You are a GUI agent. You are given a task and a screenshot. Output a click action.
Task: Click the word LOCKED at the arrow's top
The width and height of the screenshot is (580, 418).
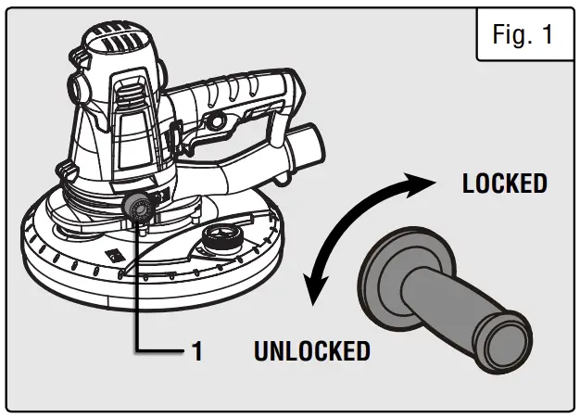pos(504,183)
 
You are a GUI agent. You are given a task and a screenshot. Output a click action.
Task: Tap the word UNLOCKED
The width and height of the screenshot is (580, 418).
pos(311,351)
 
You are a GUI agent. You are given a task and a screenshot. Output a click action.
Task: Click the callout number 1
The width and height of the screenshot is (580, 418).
pos(196,351)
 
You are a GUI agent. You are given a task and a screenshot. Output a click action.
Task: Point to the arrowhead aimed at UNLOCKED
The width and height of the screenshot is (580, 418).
pos(315,295)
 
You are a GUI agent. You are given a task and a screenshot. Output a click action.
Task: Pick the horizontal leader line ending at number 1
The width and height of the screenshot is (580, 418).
pos(162,351)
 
